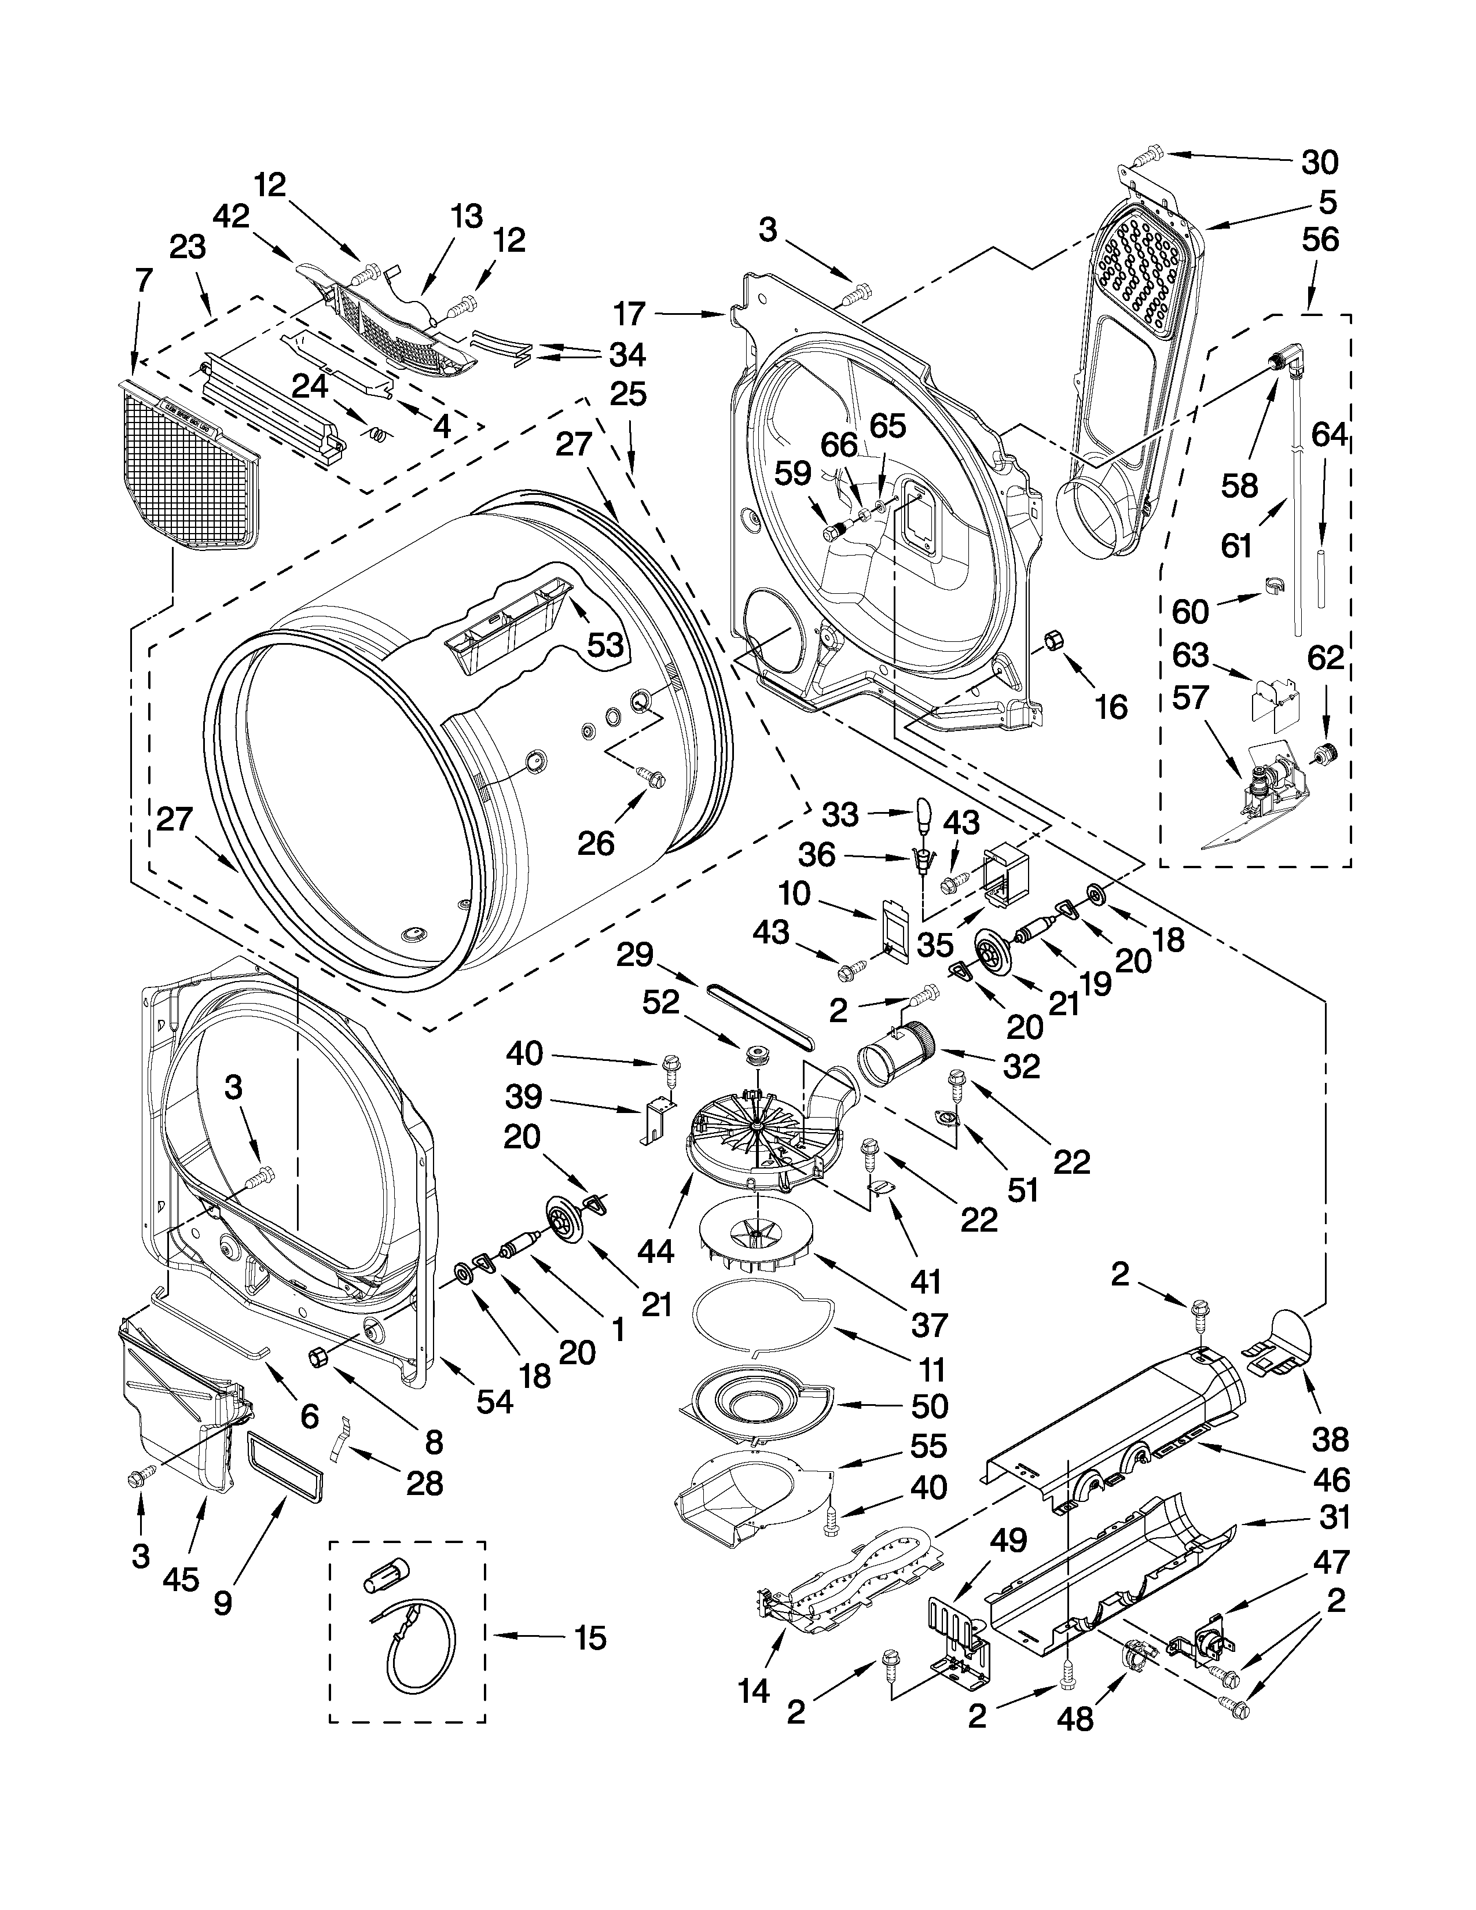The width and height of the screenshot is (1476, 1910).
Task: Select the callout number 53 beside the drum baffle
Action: tap(604, 645)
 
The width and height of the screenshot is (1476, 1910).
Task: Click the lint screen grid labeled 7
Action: tap(192, 464)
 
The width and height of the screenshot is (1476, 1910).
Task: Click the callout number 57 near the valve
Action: tap(1190, 697)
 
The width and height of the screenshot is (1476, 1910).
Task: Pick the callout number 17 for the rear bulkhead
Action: tap(629, 313)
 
